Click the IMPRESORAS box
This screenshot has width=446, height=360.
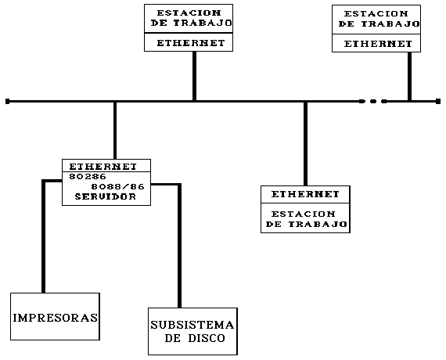pyautogui.click(x=56, y=316)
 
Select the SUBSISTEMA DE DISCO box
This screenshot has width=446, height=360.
pyautogui.click(x=192, y=331)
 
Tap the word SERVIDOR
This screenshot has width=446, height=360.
pyautogui.click(x=106, y=196)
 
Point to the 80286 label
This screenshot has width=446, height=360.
pyautogui.click(x=88, y=177)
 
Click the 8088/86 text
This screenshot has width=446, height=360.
pyautogui.click(x=117, y=187)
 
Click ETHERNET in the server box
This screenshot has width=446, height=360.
pyautogui.click(x=103, y=167)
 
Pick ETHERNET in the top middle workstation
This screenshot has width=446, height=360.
pyautogui.click(x=191, y=43)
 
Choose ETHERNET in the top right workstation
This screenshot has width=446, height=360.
pyautogui.click(x=378, y=44)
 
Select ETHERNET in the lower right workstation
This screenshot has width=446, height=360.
pyautogui.click(x=305, y=194)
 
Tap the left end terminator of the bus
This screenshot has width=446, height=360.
pyautogui.click(x=7, y=101)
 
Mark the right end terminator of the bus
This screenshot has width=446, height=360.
pyautogui.click(x=438, y=101)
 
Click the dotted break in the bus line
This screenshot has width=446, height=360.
pyautogui.click(x=373, y=101)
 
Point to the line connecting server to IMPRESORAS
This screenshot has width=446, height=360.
pyautogui.click(x=44, y=236)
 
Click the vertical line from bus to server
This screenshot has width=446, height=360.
pyautogui.click(x=115, y=131)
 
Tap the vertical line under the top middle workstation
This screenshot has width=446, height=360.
pyautogui.click(x=194, y=76)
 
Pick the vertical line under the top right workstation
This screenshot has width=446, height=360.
pyautogui.click(x=409, y=77)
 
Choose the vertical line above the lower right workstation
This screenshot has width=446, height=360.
pyautogui.click(x=305, y=144)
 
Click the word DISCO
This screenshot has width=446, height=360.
pyautogui.click(x=207, y=338)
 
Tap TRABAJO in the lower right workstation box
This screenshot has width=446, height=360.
pyautogui.click(x=318, y=225)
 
